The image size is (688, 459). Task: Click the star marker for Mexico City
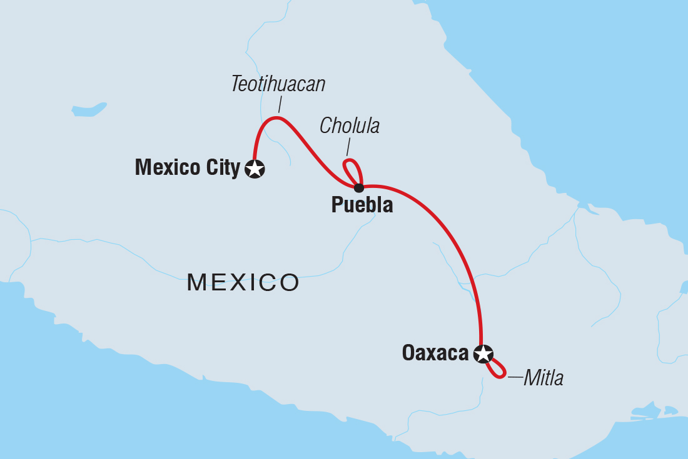tap(255, 169)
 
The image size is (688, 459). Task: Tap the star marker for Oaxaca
tap(483, 354)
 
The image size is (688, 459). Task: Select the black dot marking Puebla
tap(358, 188)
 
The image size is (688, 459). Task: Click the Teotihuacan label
tap(278, 84)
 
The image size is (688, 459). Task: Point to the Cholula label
tap(350, 126)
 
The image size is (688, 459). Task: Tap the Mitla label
tap(544, 378)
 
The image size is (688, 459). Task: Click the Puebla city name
tap(362, 205)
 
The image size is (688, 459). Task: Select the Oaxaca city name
tap(435, 353)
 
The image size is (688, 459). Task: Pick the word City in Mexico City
tap(223, 167)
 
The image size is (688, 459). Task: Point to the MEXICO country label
tap(243, 283)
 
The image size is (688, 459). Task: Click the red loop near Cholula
tap(352, 169)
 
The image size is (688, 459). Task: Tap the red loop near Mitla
tap(498, 369)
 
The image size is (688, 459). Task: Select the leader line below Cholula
tap(348, 147)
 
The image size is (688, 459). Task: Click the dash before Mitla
tap(515, 377)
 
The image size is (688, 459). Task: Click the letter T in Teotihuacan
tap(236, 84)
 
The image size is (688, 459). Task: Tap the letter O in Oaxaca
tap(408, 353)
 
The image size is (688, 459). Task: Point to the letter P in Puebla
tap(336, 205)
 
